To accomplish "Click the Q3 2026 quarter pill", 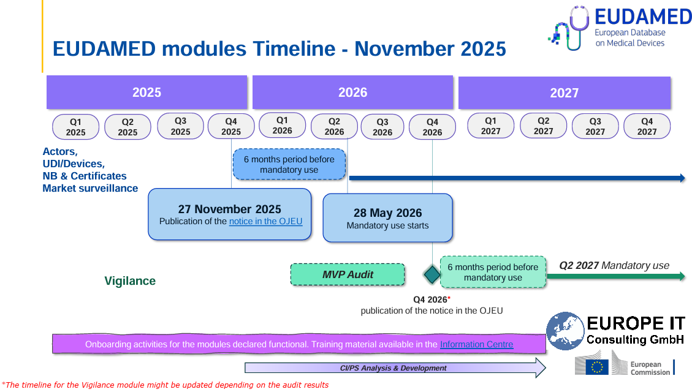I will point(382,127).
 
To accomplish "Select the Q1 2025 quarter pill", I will point(76,127).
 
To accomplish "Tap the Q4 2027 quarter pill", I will point(647,126).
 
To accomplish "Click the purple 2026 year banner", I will point(352,92).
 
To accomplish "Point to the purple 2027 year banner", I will point(564,93).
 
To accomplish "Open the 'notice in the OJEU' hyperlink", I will point(265,221).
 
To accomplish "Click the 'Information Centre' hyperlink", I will point(476,344).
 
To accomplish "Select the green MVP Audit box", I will point(348,274).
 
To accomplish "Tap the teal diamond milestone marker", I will point(432,274).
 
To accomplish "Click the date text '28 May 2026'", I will point(387,213).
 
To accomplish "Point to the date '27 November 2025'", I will point(229,209).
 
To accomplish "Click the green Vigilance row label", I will point(130,281).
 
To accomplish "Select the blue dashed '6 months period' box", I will point(289,164).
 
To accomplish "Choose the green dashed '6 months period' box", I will point(493,272).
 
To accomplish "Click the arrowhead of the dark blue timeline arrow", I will point(682,178).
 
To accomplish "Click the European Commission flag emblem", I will point(596,366).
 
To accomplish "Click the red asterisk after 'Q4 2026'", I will point(449,298).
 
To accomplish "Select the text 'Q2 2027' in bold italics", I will point(579,265).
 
